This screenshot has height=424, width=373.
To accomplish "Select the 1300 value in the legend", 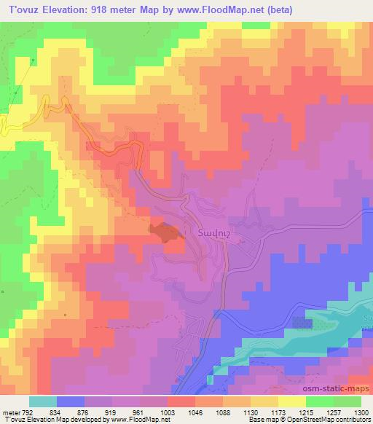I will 361,412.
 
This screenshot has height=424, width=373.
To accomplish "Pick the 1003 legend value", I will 168,412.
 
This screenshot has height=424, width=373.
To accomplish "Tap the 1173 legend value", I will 278,412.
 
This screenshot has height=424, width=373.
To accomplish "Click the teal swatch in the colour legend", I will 43,401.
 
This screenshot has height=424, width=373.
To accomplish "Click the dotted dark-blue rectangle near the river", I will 302,322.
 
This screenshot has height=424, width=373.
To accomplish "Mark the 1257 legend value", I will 334,412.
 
